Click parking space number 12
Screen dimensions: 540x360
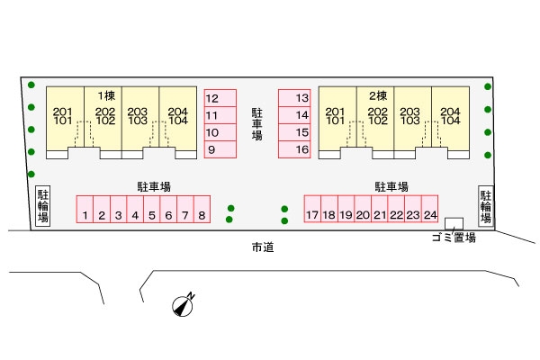click(x=220, y=98)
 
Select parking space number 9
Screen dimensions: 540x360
click(x=220, y=149)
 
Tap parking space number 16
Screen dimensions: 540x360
click(x=294, y=149)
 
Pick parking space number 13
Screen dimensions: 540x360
click(x=294, y=98)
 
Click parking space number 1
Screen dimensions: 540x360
click(x=85, y=209)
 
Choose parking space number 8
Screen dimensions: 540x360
click(x=202, y=209)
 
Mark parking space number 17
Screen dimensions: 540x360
click(x=312, y=209)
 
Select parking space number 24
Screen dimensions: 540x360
click(x=430, y=209)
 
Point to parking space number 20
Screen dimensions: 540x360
click(x=363, y=209)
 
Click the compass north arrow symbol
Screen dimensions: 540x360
click(x=184, y=305)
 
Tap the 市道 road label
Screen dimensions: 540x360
click(x=263, y=247)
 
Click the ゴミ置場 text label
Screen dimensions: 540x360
click(x=454, y=238)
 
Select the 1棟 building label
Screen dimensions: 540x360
click(x=106, y=95)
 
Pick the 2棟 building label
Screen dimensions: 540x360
click(x=378, y=95)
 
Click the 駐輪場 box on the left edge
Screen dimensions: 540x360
click(x=43, y=206)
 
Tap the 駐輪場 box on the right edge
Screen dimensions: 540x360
click(x=486, y=206)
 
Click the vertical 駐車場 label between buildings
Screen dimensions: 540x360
click(x=256, y=124)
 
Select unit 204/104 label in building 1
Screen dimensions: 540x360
click(x=178, y=116)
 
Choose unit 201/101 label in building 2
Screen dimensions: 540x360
click(x=335, y=116)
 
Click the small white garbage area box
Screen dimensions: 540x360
click(x=454, y=223)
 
